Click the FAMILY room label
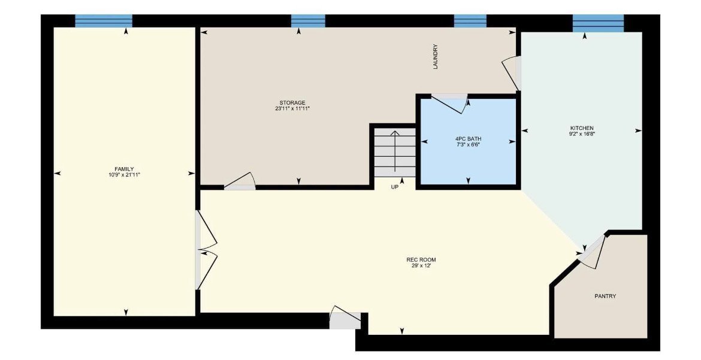124,169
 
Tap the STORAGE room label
292,103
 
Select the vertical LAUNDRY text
436,57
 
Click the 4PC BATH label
468,139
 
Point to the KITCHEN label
581,128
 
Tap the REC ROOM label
421,259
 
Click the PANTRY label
605,297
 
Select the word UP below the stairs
394,187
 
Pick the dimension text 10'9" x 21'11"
124,175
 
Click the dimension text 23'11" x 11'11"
292,109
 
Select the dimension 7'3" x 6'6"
468,145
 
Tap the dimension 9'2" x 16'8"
581,134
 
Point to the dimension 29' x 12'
421,265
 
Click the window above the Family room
103,21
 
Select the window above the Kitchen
597,23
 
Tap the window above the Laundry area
470,21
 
